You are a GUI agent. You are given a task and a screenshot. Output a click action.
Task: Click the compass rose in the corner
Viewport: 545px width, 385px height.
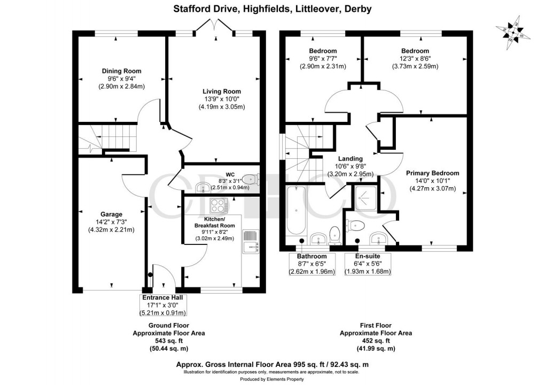click(513, 30)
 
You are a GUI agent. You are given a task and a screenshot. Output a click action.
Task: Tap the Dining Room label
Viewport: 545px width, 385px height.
click(121, 71)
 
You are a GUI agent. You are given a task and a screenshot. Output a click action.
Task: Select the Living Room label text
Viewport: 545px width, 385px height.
click(221, 91)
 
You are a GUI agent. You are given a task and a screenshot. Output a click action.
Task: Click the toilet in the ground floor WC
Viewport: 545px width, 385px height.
click(250, 179)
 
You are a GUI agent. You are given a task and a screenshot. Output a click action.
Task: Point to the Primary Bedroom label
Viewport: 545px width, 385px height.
click(432, 173)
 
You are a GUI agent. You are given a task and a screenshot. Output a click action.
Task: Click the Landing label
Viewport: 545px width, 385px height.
click(350, 158)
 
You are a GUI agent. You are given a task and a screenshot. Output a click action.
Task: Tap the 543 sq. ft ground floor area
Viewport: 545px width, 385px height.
click(168, 341)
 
